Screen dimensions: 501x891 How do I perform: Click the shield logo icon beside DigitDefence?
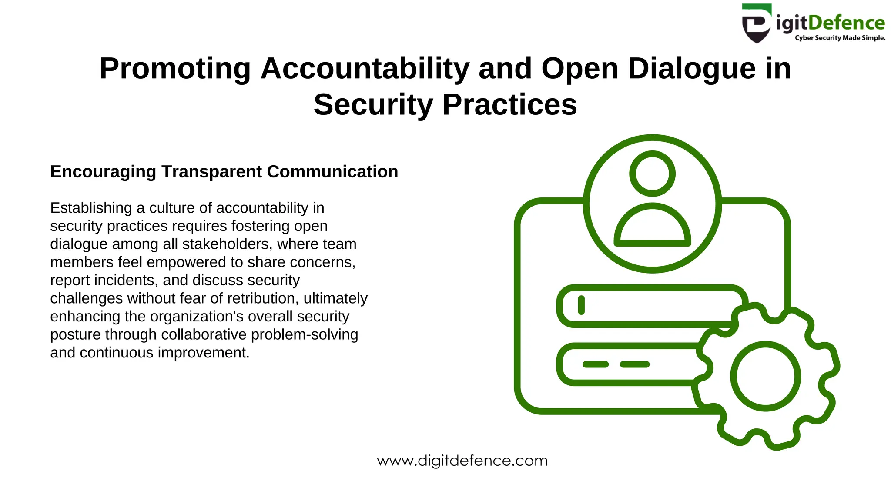pos(757,23)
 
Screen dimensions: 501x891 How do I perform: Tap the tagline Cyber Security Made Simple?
pos(840,38)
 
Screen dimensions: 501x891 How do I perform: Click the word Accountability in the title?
pos(365,69)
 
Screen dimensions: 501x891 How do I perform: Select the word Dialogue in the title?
pos(691,69)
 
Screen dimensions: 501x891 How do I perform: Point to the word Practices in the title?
pos(509,105)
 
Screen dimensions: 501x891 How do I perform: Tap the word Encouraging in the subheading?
pos(103,172)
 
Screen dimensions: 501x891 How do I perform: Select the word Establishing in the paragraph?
pos(91,208)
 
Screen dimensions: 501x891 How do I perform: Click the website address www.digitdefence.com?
pos(462,461)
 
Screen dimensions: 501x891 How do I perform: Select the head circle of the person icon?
pos(652,174)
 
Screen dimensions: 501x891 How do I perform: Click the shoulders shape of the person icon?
pos(652,226)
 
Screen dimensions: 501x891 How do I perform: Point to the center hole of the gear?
pos(765,376)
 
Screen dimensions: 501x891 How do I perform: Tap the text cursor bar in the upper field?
pos(581,305)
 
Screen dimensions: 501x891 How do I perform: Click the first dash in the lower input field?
pos(595,364)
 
